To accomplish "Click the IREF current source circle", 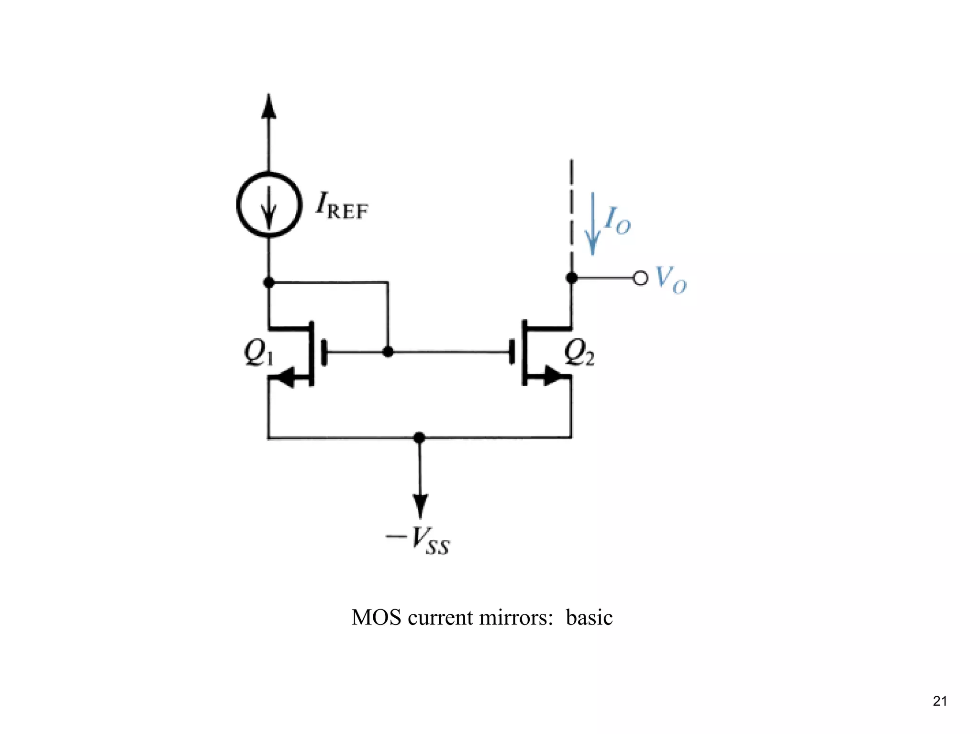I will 269,205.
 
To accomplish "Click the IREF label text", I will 342,206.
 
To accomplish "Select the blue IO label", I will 617,221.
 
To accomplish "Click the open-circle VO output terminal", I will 640,278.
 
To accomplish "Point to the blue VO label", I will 670,279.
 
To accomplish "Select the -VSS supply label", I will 418,541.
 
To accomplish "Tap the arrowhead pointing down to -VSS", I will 420,506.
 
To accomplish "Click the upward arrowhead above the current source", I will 269,106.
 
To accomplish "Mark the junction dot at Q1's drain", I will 269,282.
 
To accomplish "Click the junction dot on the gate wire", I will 388,352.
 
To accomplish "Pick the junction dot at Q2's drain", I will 571,278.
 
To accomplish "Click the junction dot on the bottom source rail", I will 419,437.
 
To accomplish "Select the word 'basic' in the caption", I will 589,618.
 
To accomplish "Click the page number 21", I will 940,701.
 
